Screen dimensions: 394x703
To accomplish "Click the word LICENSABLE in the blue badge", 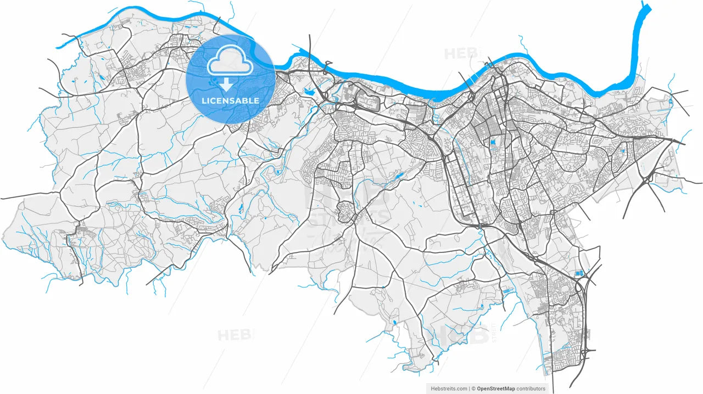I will [x=230, y=101].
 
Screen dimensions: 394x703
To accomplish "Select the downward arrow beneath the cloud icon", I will [x=226, y=84].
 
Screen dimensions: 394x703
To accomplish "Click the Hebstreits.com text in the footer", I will [x=448, y=389].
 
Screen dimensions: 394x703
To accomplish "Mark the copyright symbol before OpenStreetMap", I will [x=473, y=389].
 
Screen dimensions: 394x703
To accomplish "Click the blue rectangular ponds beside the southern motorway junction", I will [x=579, y=273].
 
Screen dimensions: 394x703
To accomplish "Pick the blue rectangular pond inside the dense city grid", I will [x=492, y=143].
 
